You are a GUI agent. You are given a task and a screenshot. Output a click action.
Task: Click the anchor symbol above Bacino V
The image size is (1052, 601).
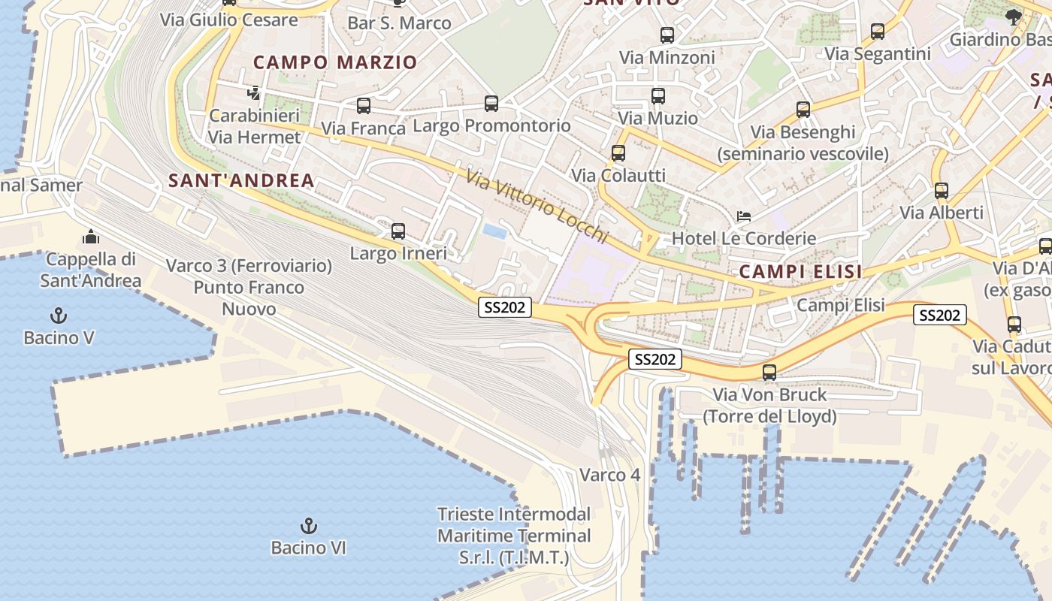click(x=58, y=316)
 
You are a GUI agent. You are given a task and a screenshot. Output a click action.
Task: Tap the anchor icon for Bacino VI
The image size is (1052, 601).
click(x=308, y=525)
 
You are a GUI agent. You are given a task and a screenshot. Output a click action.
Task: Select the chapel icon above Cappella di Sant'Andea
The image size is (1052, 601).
click(x=91, y=237)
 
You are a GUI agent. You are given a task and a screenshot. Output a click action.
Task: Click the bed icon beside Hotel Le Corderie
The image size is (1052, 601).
click(x=744, y=216)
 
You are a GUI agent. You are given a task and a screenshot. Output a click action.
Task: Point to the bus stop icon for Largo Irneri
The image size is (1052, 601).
click(x=398, y=231)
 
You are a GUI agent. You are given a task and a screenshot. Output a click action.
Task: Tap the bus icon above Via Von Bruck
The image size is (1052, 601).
click(x=769, y=372)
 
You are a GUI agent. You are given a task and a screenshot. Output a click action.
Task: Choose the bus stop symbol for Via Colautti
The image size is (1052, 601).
click(x=618, y=153)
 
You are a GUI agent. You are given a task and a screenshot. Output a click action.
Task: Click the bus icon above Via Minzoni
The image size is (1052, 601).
click(x=667, y=35)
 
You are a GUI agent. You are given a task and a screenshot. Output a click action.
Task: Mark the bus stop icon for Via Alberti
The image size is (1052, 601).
click(x=941, y=191)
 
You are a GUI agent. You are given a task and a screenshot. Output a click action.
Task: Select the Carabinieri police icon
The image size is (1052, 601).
click(x=254, y=94)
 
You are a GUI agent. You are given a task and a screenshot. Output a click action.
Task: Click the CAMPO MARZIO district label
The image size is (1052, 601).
click(x=335, y=62)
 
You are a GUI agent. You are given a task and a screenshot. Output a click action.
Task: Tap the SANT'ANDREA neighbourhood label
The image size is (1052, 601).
click(x=241, y=180)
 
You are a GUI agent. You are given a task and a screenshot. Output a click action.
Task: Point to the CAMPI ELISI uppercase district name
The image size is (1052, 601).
click(x=800, y=272)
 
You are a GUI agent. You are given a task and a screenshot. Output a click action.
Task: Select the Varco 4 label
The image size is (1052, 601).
click(x=609, y=475)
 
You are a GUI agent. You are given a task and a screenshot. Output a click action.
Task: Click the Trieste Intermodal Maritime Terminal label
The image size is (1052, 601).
click(x=514, y=536)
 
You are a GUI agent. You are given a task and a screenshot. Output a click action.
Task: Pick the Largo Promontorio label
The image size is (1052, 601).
click(x=491, y=125)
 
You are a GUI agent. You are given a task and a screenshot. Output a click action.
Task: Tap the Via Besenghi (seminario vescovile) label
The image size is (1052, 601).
click(x=803, y=143)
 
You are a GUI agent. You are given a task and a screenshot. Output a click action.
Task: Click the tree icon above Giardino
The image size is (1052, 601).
click(x=1013, y=17)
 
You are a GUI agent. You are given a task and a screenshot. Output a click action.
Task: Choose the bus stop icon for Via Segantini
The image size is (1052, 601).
click(x=877, y=32)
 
